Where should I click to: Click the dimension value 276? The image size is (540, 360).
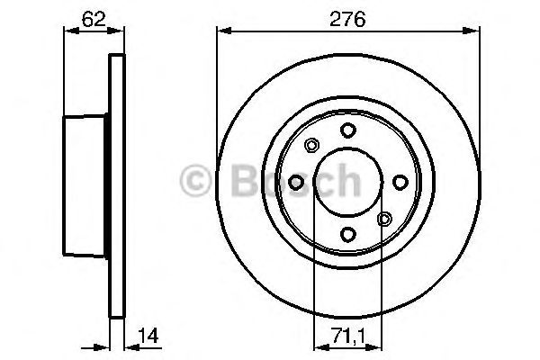tap(347, 19)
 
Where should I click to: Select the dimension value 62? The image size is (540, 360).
tap(94, 19)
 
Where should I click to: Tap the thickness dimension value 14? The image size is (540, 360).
tap(148, 336)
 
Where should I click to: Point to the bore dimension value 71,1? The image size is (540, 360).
tap(347, 336)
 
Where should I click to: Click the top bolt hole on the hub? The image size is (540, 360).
tap(347, 130)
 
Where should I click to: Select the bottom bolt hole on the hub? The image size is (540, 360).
tap(347, 234)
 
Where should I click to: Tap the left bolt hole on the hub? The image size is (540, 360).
tap(296, 182)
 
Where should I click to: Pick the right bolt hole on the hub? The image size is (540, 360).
tap(400, 182)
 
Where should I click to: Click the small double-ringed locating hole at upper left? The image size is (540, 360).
tap(311, 145)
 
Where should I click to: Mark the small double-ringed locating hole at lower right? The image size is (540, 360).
tap(384, 219)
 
